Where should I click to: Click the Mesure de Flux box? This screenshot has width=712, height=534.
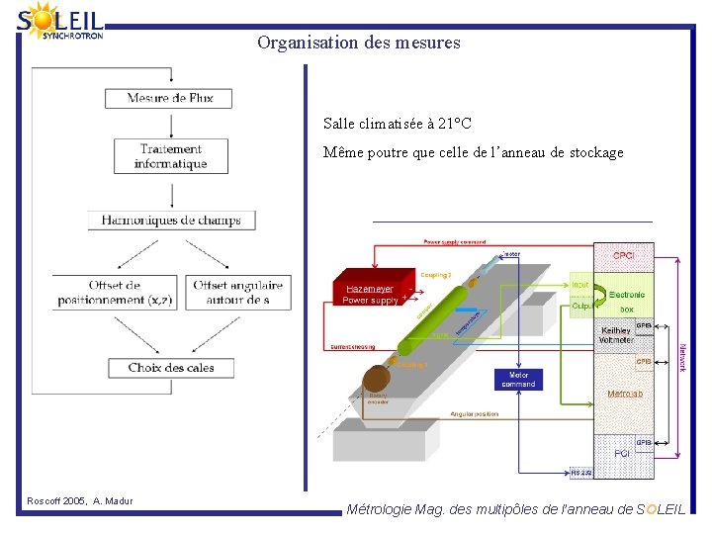[x=170, y=98]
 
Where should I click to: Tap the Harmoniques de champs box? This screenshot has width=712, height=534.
[x=171, y=221]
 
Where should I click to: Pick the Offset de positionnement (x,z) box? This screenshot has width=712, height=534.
[x=114, y=293]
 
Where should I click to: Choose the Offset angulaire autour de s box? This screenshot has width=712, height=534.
[x=238, y=293]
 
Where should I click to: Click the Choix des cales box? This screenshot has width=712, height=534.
[x=171, y=368]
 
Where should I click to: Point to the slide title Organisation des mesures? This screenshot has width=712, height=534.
[x=358, y=43]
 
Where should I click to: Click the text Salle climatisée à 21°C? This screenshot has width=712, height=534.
[x=397, y=124]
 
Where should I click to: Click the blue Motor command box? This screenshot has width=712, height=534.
[x=518, y=380]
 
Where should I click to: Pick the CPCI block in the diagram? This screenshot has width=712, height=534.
[x=623, y=255]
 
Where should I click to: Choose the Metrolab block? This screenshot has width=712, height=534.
[x=624, y=393]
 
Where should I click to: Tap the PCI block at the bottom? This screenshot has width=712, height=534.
[x=622, y=453]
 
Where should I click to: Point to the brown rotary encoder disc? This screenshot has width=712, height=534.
[x=377, y=380]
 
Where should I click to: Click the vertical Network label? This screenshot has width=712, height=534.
[x=681, y=357]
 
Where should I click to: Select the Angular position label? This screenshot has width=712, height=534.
[x=475, y=414]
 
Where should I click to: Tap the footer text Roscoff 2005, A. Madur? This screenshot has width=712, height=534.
[x=80, y=502]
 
